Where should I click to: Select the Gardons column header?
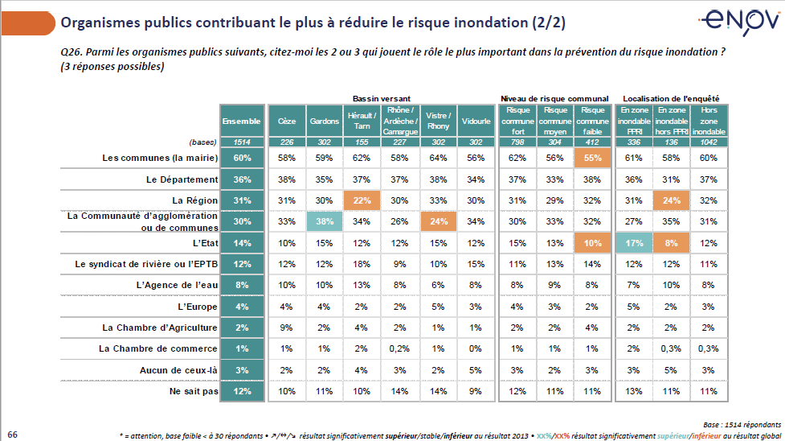coord(325,121)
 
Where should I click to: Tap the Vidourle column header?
coord(476,121)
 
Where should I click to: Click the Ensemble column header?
coord(242,121)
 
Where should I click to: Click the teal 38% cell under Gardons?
coord(325,221)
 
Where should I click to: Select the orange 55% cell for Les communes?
coord(593,158)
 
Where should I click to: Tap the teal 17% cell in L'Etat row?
coord(634,242)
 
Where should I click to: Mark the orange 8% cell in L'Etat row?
coord(672,242)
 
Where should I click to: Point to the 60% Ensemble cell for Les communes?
coord(242,158)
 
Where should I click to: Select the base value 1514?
coord(242,142)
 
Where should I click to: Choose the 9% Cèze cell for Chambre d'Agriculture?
coord(287,327)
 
